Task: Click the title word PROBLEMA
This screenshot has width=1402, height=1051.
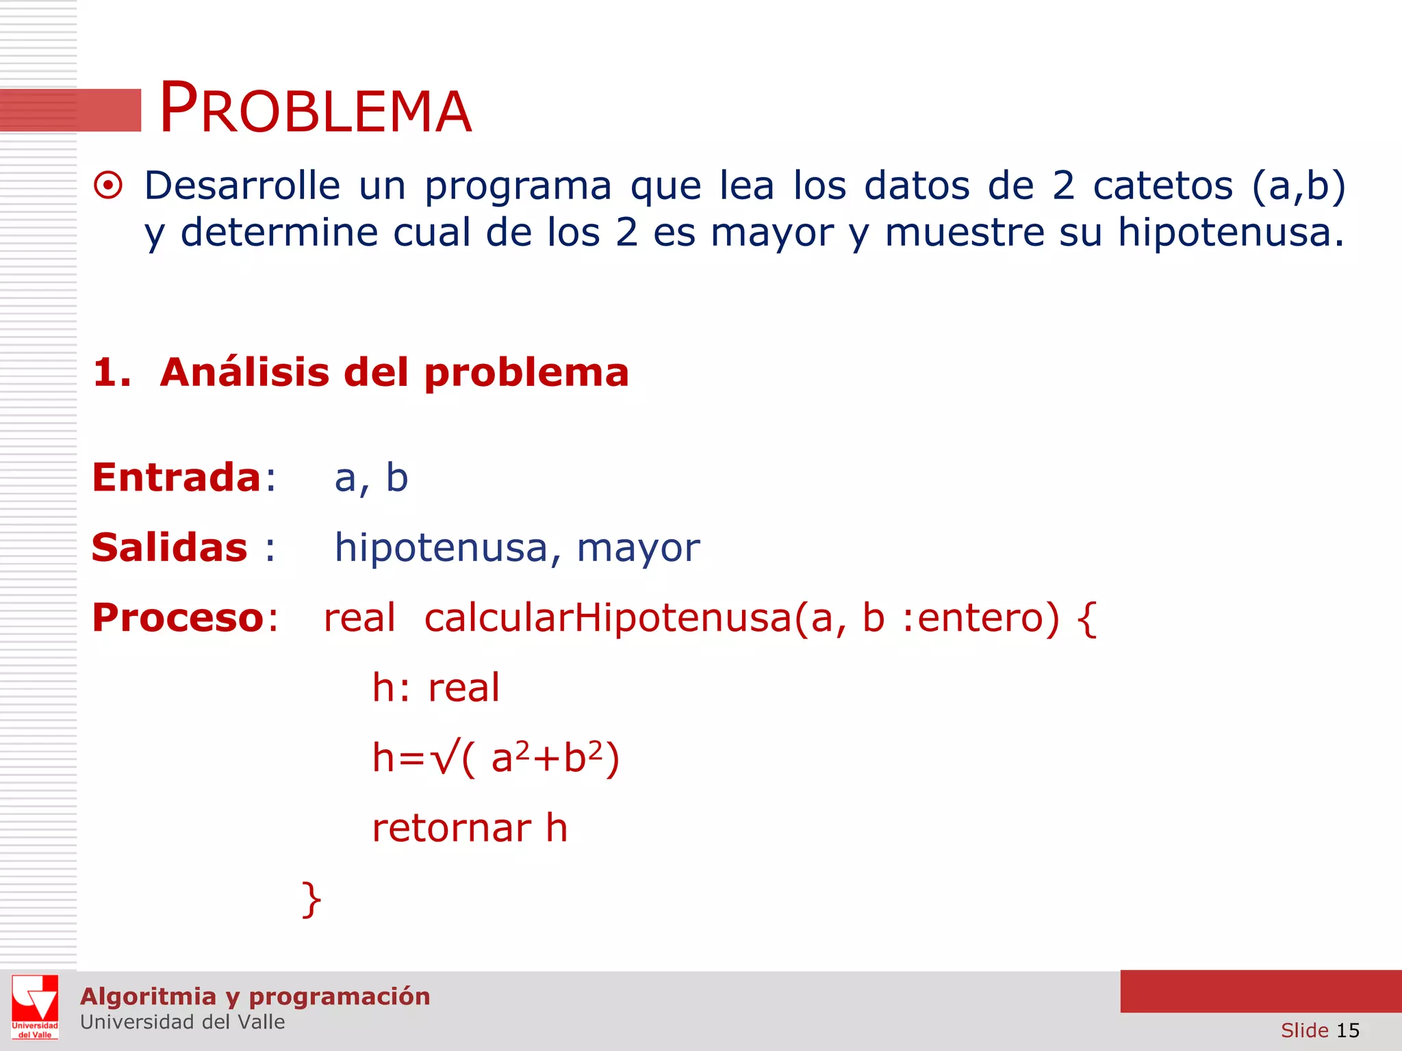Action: pyautogui.click(x=316, y=109)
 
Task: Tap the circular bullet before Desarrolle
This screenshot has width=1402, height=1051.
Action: pyautogui.click(x=108, y=185)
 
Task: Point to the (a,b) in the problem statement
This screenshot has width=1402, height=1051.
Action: pyautogui.click(x=1298, y=185)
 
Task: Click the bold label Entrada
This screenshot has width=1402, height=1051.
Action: pyautogui.click(x=177, y=477)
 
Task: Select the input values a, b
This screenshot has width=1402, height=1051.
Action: pyautogui.click(x=371, y=478)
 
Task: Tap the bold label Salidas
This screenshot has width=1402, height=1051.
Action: pyautogui.click(x=170, y=547)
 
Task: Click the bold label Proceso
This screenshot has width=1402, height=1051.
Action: pyautogui.click(x=178, y=617)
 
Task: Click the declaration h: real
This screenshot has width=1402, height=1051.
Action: pyautogui.click(x=436, y=688)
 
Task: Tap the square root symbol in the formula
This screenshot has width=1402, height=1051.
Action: pyautogui.click(x=444, y=758)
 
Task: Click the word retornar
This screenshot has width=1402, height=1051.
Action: pyautogui.click(x=452, y=828)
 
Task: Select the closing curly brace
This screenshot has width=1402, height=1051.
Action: pyautogui.click(x=311, y=898)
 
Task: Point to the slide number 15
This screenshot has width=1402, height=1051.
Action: pyautogui.click(x=1347, y=1030)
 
